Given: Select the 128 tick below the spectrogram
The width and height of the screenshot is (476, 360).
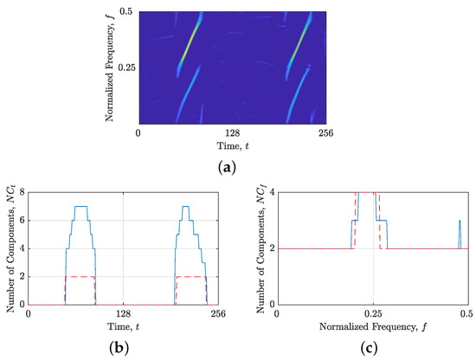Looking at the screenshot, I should point(232,133).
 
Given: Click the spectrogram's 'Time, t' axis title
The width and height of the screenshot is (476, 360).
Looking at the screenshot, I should point(232,145).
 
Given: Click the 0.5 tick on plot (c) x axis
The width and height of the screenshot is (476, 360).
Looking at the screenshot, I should point(466,314).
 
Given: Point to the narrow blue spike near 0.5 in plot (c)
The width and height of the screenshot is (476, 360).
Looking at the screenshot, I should point(459,234).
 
